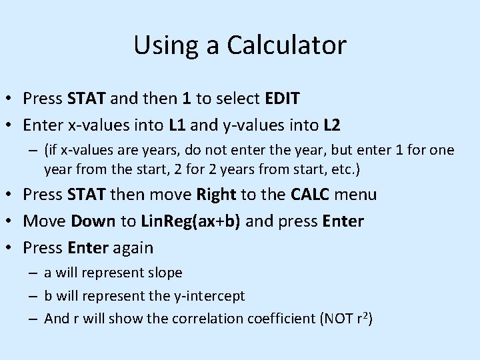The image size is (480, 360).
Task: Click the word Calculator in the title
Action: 287,45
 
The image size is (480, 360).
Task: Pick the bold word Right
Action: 217,195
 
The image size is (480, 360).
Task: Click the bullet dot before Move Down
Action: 11,221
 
